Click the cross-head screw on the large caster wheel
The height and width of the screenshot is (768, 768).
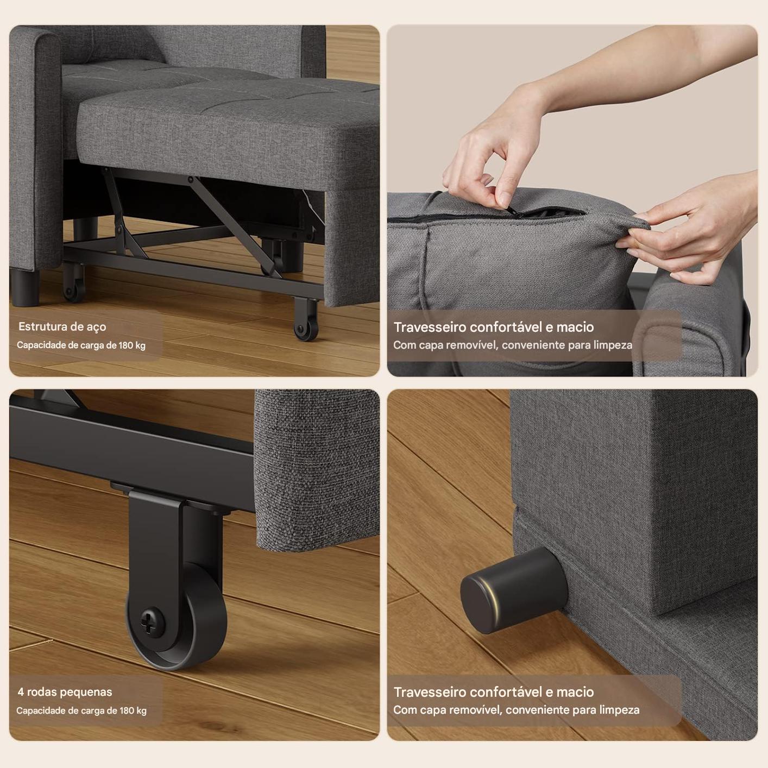152,621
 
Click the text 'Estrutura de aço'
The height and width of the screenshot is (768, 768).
62,326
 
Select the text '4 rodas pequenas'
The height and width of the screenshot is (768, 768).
65,692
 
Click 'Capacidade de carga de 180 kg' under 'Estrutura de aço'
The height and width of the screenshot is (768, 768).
81,345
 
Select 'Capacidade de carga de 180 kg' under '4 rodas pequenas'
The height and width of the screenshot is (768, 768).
81,710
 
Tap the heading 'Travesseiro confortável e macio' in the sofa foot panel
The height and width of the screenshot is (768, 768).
493,692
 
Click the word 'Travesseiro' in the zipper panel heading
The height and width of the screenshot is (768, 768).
430,327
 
